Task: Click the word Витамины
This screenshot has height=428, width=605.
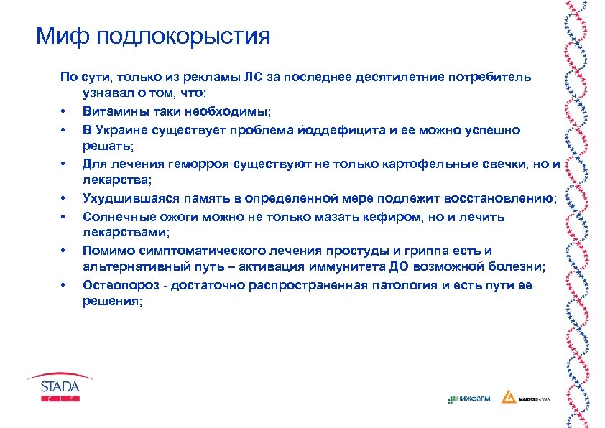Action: tap(112, 112)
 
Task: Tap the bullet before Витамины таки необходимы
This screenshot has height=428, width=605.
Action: tap(64, 113)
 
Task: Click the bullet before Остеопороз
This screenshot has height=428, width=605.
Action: tap(64, 286)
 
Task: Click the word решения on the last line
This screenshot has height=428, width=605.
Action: tap(111, 302)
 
